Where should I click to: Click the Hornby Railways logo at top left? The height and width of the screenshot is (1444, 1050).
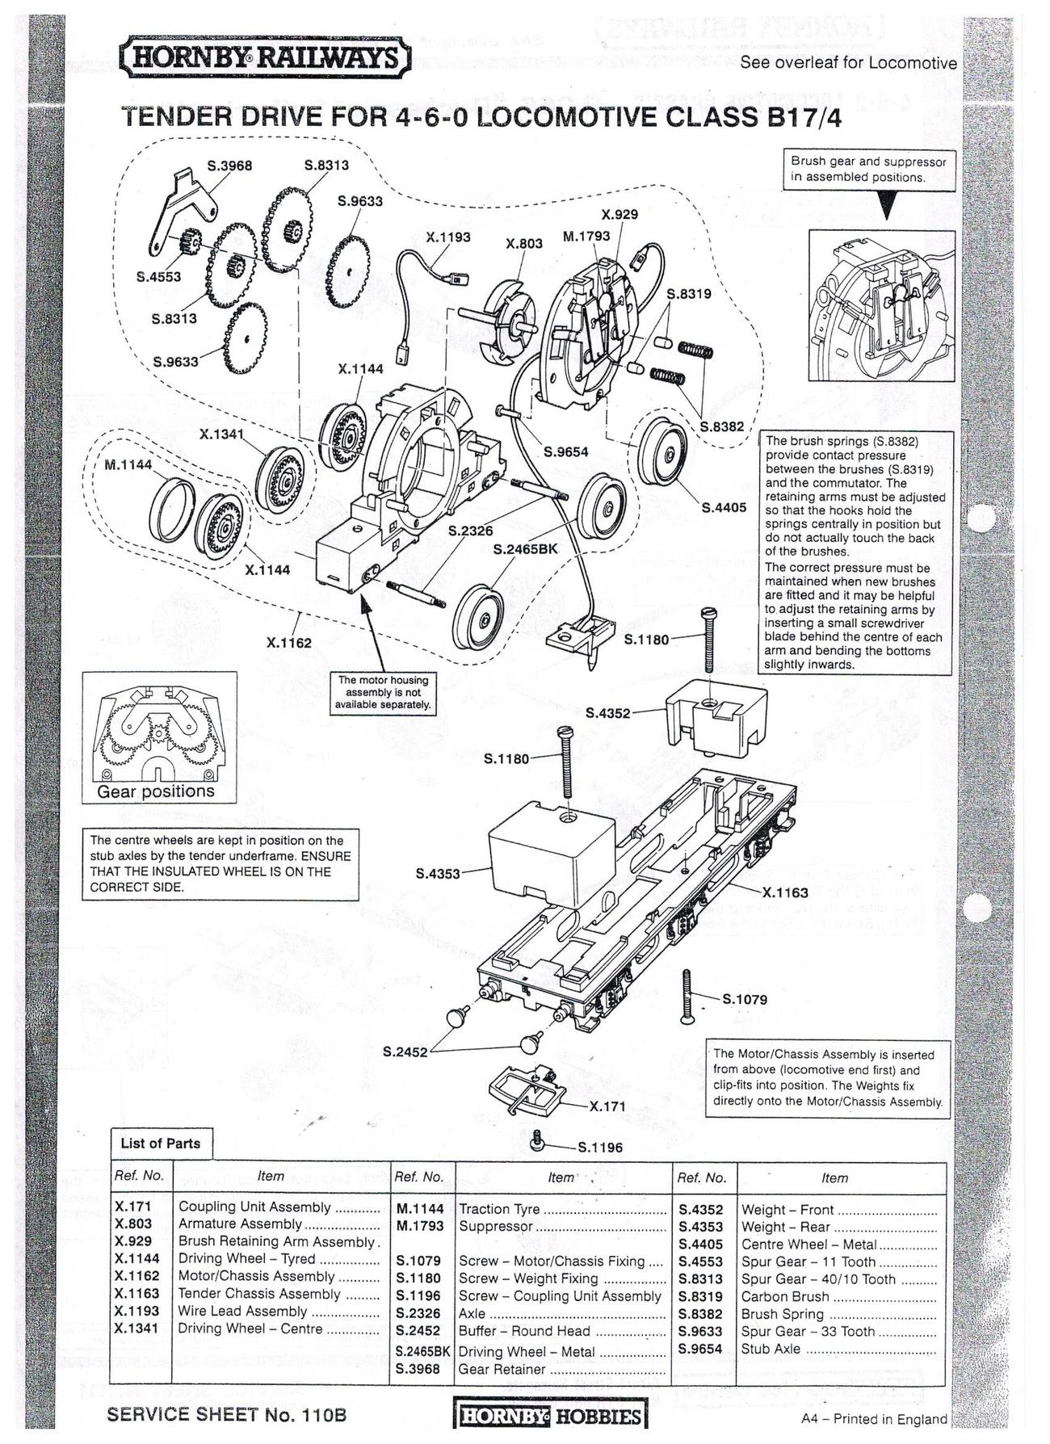coord(267,58)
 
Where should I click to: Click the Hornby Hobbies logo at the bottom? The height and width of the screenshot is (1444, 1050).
coord(551,1417)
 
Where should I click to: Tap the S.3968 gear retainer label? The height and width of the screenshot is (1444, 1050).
coord(230,166)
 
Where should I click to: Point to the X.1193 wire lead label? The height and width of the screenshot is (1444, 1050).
coord(448,237)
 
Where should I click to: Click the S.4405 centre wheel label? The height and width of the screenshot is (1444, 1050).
coord(724,508)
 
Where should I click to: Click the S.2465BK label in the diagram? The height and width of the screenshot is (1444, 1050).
coord(526,549)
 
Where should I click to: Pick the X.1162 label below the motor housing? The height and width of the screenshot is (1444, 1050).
coord(289,643)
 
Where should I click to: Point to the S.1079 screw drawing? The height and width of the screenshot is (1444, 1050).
coord(687,997)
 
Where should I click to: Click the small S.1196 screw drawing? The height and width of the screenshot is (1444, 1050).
coord(538,1140)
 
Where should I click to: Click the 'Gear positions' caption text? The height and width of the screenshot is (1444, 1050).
coord(156,791)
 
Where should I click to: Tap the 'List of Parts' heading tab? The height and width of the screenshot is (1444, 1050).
coord(161,1143)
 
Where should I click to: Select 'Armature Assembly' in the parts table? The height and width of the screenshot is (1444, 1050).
coord(240,1224)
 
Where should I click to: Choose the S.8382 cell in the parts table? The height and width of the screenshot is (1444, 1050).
coord(700,1314)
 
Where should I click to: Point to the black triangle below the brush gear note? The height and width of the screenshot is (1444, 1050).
coord(888,208)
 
